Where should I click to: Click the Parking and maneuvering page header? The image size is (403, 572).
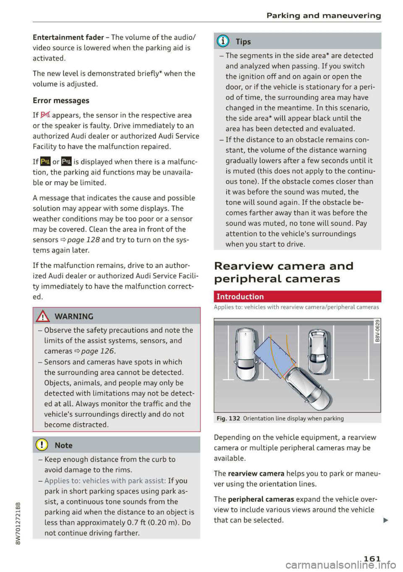click(324, 16)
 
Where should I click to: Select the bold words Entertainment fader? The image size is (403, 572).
click(68, 37)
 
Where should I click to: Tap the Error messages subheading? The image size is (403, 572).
click(61, 101)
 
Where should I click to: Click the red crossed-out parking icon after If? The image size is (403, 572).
click(45, 115)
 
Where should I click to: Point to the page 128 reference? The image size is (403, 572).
click(83, 240)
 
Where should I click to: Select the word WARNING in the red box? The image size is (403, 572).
click(74, 316)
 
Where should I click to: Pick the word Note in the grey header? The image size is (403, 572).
click(63, 446)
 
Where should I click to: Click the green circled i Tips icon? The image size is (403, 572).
click(223, 41)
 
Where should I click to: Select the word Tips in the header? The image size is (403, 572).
click(243, 42)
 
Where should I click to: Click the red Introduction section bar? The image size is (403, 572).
click(297, 297)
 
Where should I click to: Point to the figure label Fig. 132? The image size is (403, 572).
click(228, 418)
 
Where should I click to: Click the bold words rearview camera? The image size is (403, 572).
click(256, 474)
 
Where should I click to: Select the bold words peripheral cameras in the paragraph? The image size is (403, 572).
click(261, 499)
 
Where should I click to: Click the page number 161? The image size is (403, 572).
click(372, 559)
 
